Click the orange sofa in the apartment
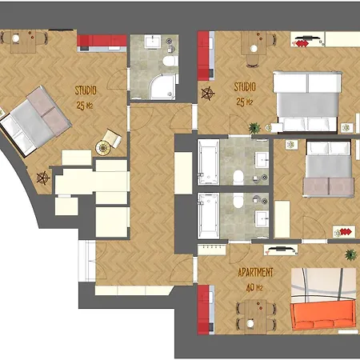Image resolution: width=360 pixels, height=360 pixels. point(323,314)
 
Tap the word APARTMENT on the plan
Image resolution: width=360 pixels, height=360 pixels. point(255,272)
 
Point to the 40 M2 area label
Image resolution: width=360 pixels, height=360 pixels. point(254,287)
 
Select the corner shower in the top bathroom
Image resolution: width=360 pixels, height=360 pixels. point(163,86)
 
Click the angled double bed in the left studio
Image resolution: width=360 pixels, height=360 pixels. point(34,121)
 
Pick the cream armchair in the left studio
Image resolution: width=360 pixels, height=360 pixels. point(113,138)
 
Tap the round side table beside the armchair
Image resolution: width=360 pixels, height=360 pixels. point(103,147)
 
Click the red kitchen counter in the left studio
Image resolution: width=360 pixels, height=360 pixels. point(102,41)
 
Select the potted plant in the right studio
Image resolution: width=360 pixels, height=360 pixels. point(254,128)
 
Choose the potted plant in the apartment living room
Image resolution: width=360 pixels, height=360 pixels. point(350,254)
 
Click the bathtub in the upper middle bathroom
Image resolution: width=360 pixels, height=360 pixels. point(208,162)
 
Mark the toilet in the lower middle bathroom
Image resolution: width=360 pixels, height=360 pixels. point(238,200)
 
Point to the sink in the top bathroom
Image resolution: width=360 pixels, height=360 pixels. point(153,42)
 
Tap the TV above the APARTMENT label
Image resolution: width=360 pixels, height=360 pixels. point(281,249)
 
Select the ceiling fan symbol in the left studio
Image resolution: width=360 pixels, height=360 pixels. point(43,178)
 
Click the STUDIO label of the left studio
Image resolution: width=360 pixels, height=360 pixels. point(86,90)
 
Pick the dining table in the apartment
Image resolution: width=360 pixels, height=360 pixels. point(255,316)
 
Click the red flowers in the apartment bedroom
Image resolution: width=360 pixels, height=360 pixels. point(346,232)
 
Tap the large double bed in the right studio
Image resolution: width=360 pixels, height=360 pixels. point(307,102)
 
